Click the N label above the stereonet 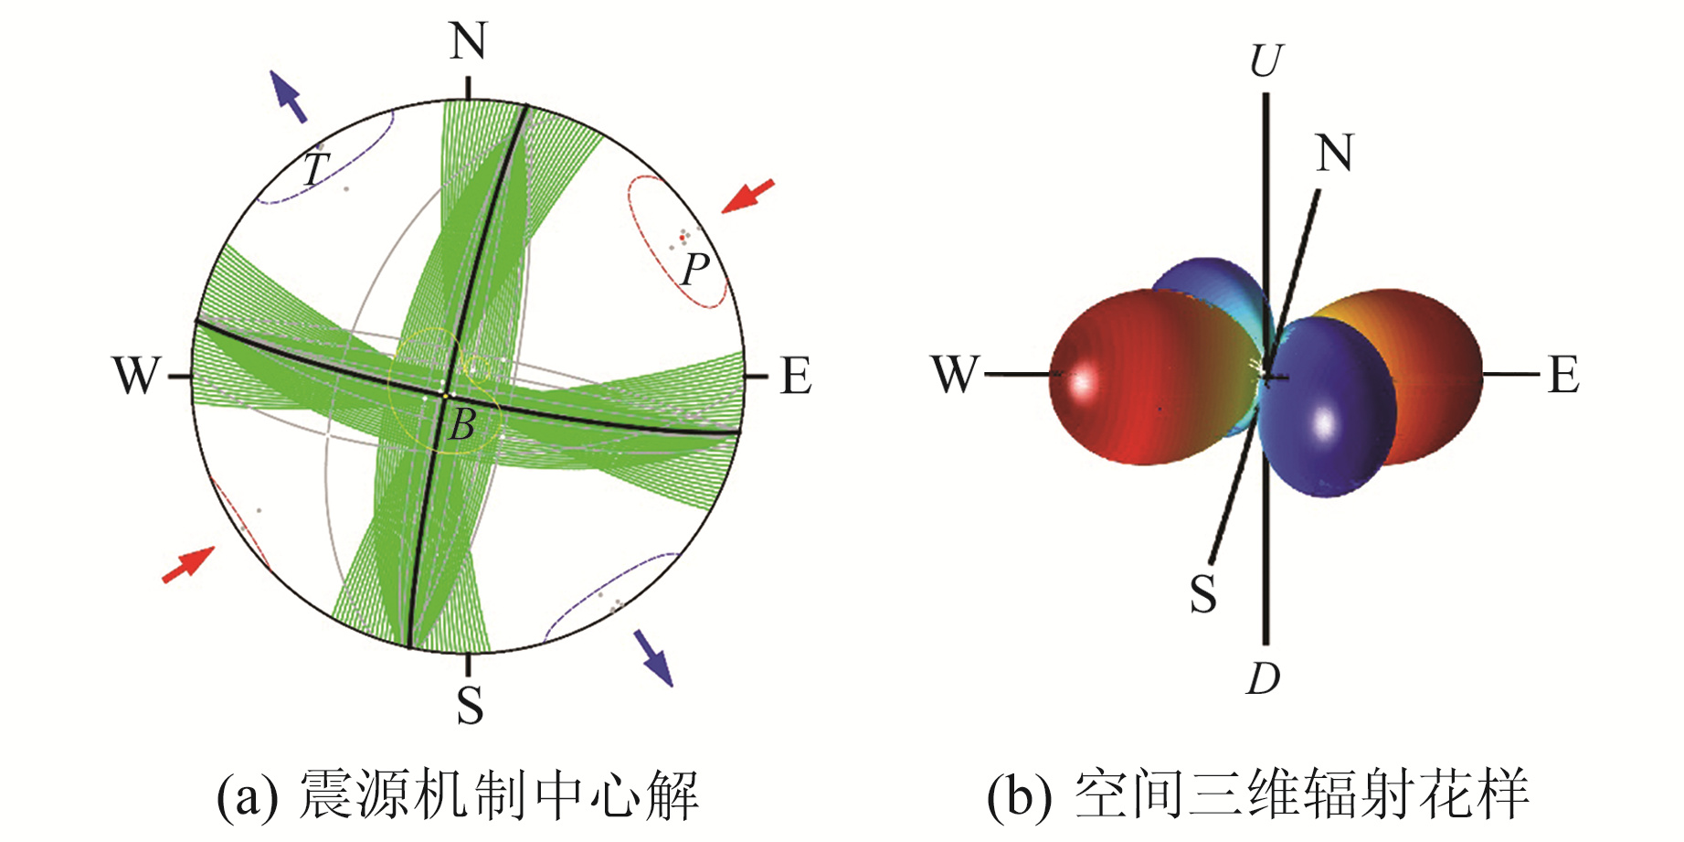click(468, 42)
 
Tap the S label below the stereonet click(470, 705)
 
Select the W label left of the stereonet click(137, 376)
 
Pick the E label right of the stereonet click(796, 376)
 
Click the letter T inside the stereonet click(315, 169)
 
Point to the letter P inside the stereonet click(695, 269)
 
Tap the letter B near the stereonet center click(462, 424)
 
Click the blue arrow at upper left click(289, 97)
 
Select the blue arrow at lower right click(654, 657)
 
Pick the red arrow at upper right click(747, 197)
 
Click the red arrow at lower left click(188, 564)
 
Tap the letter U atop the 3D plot click(1266, 61)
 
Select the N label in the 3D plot click(1334, 153)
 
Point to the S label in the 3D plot click(1203, 594)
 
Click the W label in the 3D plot click(956, 375)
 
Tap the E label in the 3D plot click(1563, 375)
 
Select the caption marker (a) click(247, 794)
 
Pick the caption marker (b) click(1018, 794)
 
